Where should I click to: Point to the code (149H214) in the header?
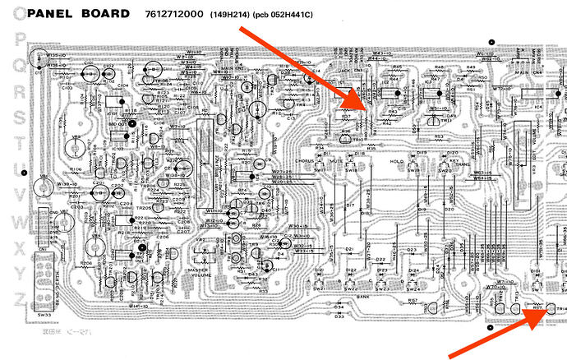coord(231,15)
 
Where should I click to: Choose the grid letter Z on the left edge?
coord(18,299)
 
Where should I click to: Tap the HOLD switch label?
coord(398,161)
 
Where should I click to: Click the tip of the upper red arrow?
coord(367,112)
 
